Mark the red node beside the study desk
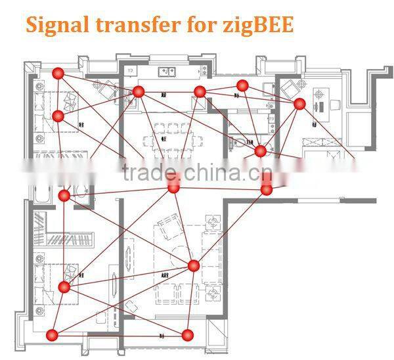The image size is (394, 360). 299,103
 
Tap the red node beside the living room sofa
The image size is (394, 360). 193,265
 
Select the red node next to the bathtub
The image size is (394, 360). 64,196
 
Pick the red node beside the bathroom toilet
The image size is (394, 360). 261,151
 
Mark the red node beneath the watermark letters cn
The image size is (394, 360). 267,189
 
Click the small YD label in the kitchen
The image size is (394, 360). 131,69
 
